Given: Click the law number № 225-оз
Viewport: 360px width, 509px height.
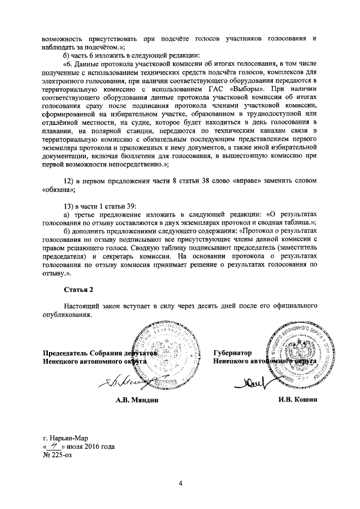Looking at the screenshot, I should pos(57,455).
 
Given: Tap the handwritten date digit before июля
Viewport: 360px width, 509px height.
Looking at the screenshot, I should pos(56,446).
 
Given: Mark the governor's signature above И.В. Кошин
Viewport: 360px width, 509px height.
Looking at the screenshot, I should pos(259,382).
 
